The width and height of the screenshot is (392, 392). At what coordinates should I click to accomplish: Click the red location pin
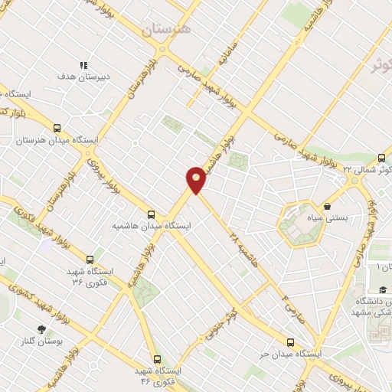coord(196,180)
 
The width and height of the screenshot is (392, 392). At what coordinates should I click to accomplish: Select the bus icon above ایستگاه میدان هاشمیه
coord(151,214)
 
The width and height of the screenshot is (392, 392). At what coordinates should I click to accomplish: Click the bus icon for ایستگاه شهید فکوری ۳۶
coord(91,260)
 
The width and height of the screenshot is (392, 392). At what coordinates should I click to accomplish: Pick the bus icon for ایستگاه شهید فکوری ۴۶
coord(157,358)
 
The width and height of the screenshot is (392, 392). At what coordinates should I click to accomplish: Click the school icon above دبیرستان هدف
coord(84,66)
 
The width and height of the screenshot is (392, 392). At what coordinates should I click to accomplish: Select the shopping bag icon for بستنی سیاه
coord(328,205)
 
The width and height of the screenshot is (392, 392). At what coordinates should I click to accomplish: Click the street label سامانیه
coord(221,57)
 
